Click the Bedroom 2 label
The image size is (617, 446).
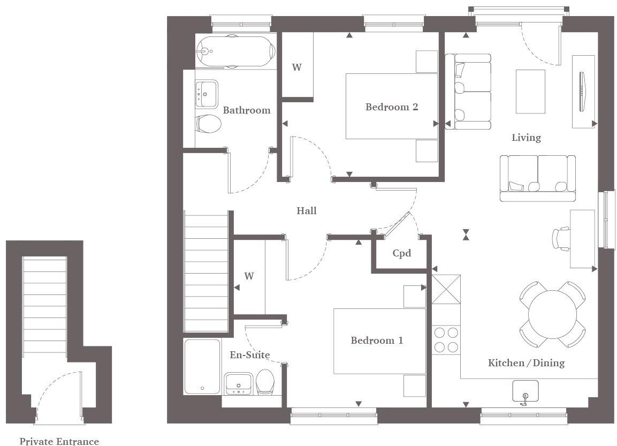(x=392, y=107)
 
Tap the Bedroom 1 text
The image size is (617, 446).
(x=377, y=341)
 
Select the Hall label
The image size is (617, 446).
(x=307, y=211)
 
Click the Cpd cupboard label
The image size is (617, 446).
(x=402, y=253)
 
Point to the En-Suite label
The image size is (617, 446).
(x=249, y=355)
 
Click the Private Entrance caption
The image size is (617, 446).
(x=59, y=441)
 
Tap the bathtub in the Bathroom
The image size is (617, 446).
(x=235, y=51)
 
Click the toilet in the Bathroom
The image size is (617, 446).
(x=208, y=124)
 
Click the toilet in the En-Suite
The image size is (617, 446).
(x=265, y=382)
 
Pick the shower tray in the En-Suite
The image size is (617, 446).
(x=202, y=367)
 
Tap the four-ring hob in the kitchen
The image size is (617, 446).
(x=446, y=339)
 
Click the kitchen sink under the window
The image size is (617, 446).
(x=524, y=391)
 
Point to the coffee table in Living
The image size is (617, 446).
(x=530, y=92)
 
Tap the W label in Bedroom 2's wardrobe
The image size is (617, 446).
(x=296, y=67)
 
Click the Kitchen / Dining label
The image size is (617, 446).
(x=526, y=363)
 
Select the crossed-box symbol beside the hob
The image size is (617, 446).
(x=446, y=289)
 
